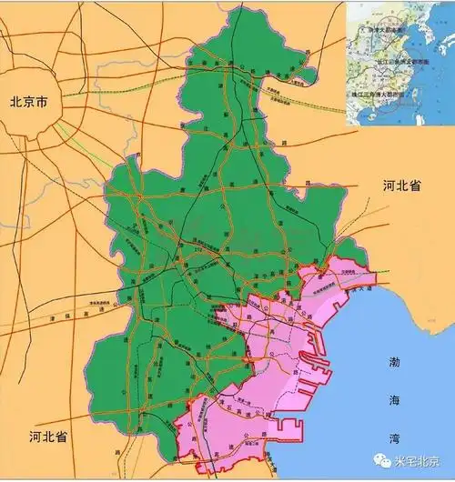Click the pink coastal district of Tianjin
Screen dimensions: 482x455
click(x=273, y=364)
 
